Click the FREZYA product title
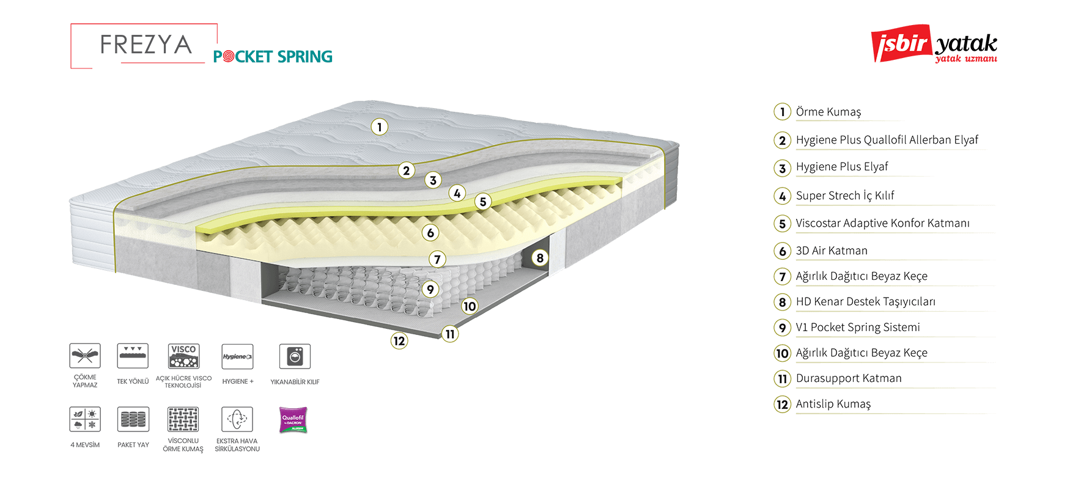(x=146, y=45)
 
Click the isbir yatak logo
(x=934, y=44)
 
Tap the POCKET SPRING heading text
(x=273, y=57)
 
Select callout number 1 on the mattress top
(x=380, y=127)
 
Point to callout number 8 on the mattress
(x=540, y=258)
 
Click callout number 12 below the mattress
(x=399, y=341)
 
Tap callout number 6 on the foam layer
(x=430, y=233)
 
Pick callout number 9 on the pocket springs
(x=430, y=290)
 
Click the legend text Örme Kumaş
(x=828, y=112)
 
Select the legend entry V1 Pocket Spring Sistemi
(x=858, y=328)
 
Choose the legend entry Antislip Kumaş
(x=833, y=404)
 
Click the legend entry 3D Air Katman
(x=832, y=251)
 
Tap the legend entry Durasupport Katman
(x=849, y=378)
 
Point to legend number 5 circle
(x=783, y=224)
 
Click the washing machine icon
(x=295, y=356)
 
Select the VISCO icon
(x=183, y=356)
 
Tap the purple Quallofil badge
(x=293, y=420)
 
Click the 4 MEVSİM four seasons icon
(x=85, y=419)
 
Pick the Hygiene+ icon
(x=237, y=356)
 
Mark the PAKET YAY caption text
(x=133, y=445)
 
